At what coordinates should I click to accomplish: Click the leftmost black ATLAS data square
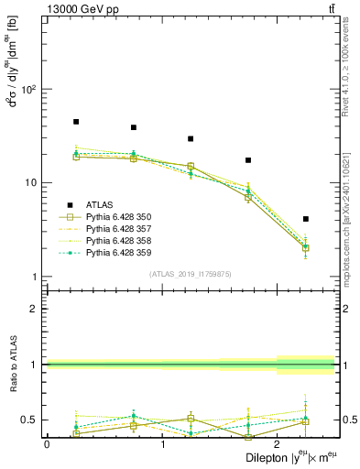pyautogui.click(x=76, y=122)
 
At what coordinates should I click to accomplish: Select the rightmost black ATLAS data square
pyautogui.click(x=306, y=219)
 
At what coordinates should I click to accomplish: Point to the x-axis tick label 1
pyautogui.click(x=163, y=443)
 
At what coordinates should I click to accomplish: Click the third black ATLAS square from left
pyautogui.click(x=191, y=139)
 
